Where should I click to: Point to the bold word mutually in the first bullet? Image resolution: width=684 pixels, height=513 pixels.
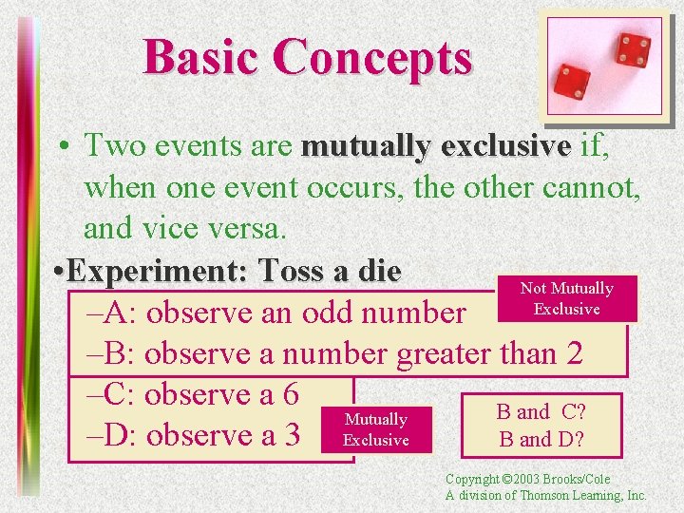pyautogui.click(x=364, y=146)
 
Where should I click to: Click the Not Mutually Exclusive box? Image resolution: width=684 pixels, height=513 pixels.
pyautogui.click(x=566, y=298)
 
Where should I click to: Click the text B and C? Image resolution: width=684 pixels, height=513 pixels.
pyautogui.click(x=541, y=412)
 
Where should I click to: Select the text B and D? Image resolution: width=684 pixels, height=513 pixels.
pyautogui.click(x=541, y=439)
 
